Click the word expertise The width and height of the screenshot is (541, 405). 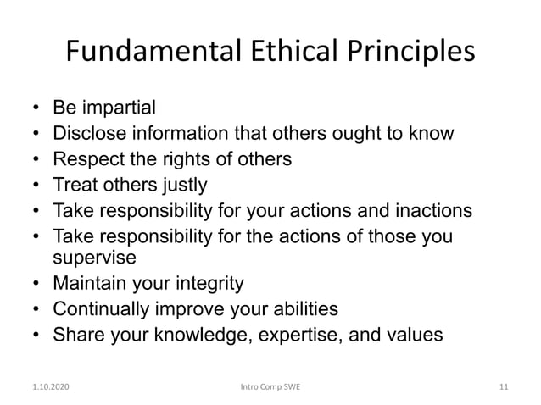[296, 333]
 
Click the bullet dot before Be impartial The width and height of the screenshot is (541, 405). [36, 109]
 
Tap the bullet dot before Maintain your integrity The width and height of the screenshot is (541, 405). [36, 283]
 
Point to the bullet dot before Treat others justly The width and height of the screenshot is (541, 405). [36, 183]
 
